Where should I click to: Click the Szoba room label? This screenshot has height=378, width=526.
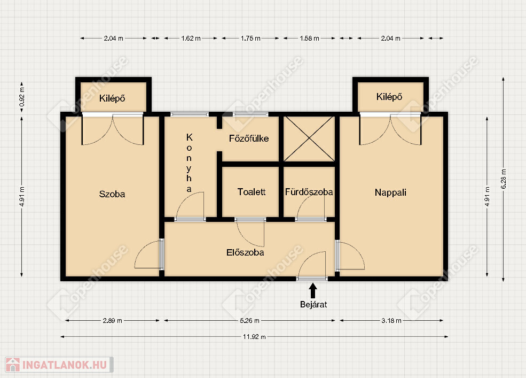[112, 194]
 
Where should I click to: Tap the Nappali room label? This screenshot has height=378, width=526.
[390, 192]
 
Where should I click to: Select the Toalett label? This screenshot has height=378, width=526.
[252, 192]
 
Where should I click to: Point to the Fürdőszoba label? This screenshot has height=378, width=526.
[309, 192]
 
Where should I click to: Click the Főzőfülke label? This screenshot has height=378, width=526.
[249, 138]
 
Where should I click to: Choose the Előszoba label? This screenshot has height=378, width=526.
[245, 252]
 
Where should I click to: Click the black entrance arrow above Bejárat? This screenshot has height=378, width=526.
[313, 291]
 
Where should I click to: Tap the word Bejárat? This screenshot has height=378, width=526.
[313, 304]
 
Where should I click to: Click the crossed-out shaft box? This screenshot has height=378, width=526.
[309, 139]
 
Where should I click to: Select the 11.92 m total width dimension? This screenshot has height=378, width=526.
[254, 337]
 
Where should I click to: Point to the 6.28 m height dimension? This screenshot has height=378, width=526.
[504, 179]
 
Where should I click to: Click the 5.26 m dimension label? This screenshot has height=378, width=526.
[249, 321]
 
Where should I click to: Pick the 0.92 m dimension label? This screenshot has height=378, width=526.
[22, 97]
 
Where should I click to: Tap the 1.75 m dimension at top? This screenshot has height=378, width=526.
[250, 38]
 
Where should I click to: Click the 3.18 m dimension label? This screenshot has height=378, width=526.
[391, 321]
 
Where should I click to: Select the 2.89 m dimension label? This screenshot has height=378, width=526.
[112, 321]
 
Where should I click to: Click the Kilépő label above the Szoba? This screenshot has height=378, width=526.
[112, 98]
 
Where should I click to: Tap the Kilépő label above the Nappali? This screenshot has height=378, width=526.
[389, 97]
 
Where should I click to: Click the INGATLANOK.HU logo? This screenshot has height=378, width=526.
[59, 365]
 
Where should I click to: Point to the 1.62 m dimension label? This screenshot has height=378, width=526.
[191, 38]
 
